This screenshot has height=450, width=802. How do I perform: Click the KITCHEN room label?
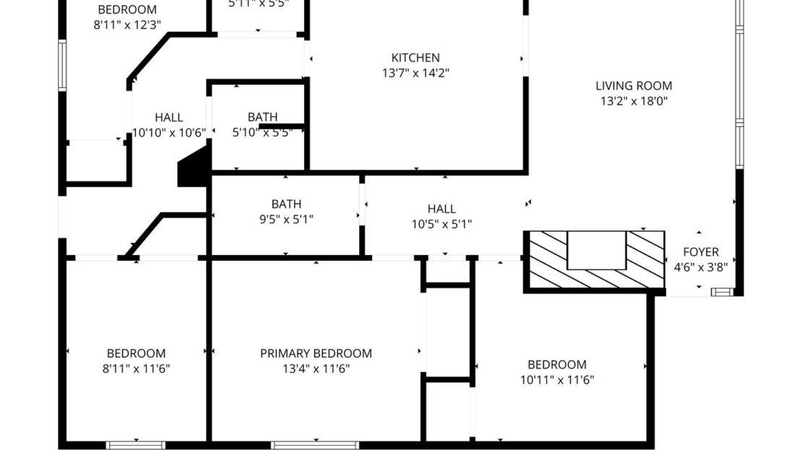[x=415, y=58]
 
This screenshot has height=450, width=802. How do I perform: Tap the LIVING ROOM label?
[x=634, y=86]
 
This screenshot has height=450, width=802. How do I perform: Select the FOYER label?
[x=701, y=252]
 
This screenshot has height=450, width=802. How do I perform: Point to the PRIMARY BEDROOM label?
[x=316, y=353]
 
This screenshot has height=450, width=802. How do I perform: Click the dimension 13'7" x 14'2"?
[x=415, y=73]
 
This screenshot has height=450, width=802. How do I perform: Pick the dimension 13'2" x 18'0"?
[x=634, y=101]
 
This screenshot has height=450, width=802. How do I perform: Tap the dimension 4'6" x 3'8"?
[x=701, y=267]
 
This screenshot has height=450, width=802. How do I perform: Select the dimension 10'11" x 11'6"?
[x=556, y=379]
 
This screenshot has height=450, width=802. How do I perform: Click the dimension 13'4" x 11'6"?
[x=316, y=368]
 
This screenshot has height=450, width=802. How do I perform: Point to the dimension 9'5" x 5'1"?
[x=286, y=220]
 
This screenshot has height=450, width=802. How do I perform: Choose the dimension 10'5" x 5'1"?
[x=441, y=224]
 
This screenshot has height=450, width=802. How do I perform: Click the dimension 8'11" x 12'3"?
[x=127, y=25]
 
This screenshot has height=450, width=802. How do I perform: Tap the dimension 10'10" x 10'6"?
[x=169, y=132]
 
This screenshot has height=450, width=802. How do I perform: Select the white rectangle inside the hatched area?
[x=595, y=251]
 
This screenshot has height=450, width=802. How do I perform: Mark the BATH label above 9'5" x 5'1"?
[x=286, y=204]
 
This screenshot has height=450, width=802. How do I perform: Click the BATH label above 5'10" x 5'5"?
[x=262, y=117]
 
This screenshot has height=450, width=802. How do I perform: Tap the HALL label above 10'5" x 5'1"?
[x=441, y=209]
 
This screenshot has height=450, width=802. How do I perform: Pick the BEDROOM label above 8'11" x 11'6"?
[x=136, y=353]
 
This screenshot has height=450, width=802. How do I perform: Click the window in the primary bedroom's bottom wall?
[x=315, y=445]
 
